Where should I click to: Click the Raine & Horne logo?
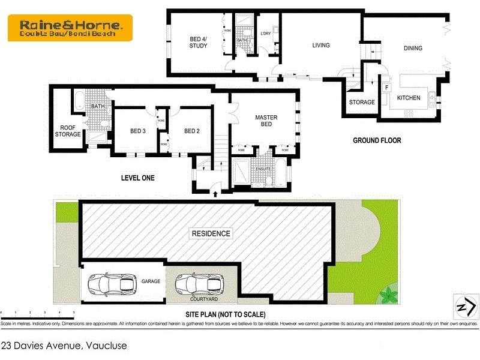[x=70, y=28]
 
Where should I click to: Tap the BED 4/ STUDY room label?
[x=199, y=43]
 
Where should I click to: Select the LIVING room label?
[x=320, y=45]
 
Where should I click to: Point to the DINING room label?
[x=413, y=49]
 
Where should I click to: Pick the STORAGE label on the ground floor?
[x=362, y=102]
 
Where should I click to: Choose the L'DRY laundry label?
[x=265, y=34]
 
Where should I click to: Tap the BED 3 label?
[x=138, y=131]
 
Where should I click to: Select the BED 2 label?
[x=191, y=131]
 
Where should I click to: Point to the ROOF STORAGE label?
[x=67, y=131]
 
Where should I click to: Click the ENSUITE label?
[x=263, y=169]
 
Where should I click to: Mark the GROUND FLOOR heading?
[x=377, y=140]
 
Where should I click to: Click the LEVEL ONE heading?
[x=137, y=178]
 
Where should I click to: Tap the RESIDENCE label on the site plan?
[x=211, y=233]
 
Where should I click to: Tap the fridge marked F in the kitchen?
[x=387, y=88]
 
